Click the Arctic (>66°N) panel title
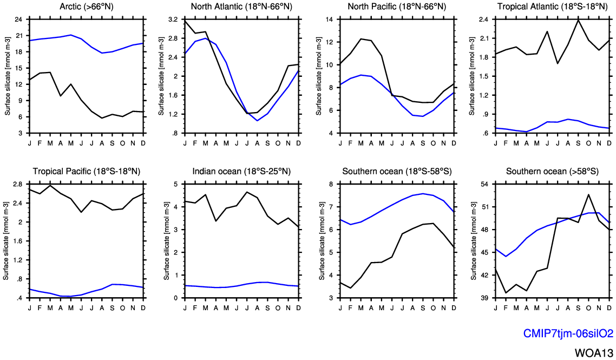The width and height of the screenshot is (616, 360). point(87,6)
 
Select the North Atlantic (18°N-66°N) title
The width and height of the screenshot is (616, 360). point(242,6)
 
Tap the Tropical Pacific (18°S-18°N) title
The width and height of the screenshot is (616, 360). point(87,172)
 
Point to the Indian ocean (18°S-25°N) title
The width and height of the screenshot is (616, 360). point(242,172)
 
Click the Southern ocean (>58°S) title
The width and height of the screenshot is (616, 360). point(552,172)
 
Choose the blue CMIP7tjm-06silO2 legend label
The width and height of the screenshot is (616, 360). point(568,333)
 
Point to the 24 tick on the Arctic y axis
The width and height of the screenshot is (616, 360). point(18,19)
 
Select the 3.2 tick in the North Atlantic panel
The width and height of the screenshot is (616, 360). point(173,19)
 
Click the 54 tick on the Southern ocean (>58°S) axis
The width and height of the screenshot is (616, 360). point(484,184)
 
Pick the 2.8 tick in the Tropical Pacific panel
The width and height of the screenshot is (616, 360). point(17,184)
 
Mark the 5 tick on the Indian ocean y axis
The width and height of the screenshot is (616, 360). point(175,184)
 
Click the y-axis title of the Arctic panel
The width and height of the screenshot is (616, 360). point(8,76)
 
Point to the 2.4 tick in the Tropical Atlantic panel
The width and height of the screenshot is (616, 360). point(483,19)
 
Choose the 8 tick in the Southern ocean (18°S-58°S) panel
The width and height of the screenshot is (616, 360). point(331,184)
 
